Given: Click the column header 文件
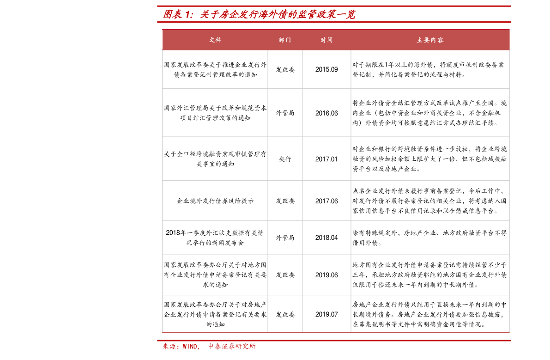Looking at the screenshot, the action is tap(215, 40).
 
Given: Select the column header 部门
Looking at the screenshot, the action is tap(285, 40).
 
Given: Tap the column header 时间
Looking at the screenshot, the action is tap(326, 40).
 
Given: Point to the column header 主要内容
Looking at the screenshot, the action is tap(430, 40).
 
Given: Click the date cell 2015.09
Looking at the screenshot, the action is tap(326, 69).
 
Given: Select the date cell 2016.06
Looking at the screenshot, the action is tap(326, 113).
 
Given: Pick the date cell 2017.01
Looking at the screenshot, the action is tap(326, 159).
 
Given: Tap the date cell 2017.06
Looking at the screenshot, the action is tap(326, 201).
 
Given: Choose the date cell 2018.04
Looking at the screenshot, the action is tap(326, 238).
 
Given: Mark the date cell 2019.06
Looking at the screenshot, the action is tap(326, 275).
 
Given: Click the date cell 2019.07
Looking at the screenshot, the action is tap(326, 314).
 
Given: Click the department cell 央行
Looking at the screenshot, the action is tap(285, 159).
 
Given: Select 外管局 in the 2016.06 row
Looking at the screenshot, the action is tap(285, 113).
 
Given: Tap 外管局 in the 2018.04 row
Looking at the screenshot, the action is tap(285, 238).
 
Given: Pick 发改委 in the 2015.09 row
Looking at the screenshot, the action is tap(285, 69).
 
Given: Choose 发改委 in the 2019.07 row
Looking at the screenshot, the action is tap(285, 314).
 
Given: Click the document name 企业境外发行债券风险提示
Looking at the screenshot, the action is tap(215, 201).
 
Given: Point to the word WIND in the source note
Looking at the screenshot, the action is tap(190, 346).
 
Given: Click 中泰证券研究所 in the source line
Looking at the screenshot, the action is tap(232, 346).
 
